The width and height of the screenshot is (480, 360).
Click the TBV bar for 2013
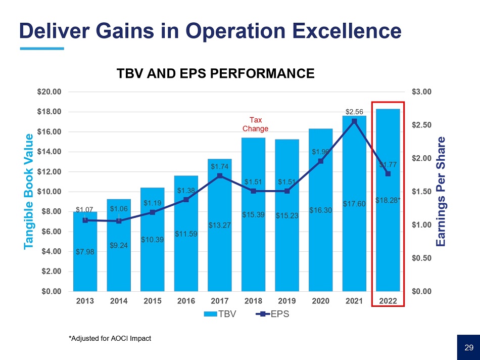point(85,268)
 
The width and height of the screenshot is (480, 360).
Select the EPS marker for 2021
point(354,121)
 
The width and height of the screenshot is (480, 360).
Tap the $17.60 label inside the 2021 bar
point(354,204)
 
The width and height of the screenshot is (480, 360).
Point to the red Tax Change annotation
point(256,124)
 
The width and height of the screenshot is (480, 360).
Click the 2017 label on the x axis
point(219,301)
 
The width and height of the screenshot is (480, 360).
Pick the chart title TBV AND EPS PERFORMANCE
point(215,74)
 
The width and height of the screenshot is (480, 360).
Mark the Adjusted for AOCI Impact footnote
point(110,338)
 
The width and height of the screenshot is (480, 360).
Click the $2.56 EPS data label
point(354,111)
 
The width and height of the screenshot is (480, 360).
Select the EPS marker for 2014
point(118,221)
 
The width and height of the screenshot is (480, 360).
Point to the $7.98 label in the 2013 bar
point(85,251)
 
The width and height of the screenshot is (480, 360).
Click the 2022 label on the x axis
point(388,301)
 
